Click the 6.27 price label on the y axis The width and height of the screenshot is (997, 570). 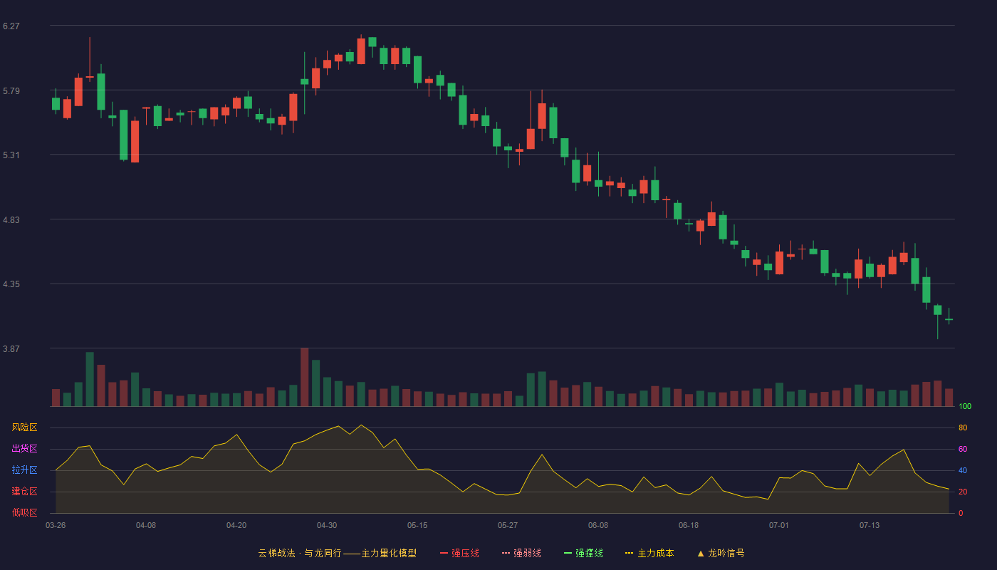point(11,26)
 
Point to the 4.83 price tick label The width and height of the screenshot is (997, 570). point(11,220)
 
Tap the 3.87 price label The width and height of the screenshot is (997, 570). point(11,348)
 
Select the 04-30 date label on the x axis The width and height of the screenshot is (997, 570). point(327,526)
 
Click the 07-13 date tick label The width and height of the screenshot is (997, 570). point(870,526)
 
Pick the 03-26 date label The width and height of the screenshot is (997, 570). point(56,526)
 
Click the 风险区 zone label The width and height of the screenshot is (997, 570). point(24,427)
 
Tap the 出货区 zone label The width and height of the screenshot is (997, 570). point(24,448)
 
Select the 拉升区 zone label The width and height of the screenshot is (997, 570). point(24,470)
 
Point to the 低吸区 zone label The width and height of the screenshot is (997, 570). point(24,512)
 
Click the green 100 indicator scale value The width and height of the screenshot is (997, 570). point(965,406)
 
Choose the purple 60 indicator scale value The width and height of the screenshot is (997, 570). point(963,449)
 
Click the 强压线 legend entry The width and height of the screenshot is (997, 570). point(459,553)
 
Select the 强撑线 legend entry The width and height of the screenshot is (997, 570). point(583,553)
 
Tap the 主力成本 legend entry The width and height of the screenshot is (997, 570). point(649,553)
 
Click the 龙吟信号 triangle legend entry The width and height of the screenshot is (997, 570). point(721,553)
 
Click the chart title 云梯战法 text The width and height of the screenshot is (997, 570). point(277,553)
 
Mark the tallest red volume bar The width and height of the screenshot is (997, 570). point(305,377)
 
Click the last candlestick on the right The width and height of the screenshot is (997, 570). point(949,319)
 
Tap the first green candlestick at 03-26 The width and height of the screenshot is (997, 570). point(56,104)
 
